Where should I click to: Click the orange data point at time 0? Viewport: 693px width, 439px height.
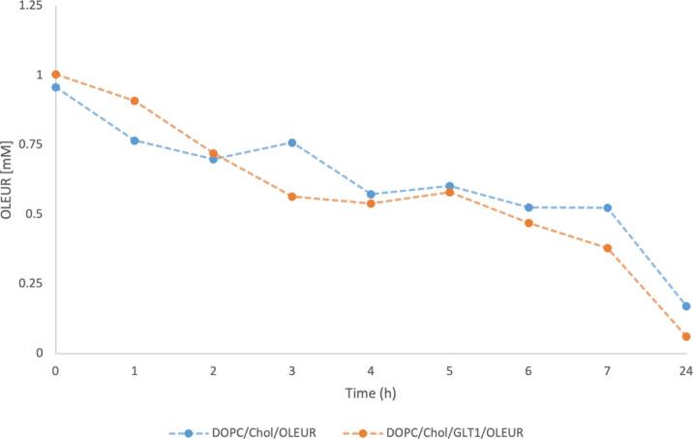[x=55, y=75]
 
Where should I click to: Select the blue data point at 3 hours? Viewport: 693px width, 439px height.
[x=291, y=142]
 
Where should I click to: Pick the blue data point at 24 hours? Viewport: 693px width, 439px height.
[x=685, y=306]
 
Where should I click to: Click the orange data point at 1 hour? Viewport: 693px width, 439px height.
[x=135, y=101]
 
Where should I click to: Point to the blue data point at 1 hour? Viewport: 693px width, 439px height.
[x=135, y=141]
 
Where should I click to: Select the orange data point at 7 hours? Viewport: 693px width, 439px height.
[x=607, y=248]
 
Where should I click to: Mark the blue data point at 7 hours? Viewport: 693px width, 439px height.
[x=607, y=207]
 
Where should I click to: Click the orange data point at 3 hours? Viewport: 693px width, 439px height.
[x=291, y=197]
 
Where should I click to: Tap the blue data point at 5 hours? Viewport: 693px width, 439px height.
[x=449, y=186]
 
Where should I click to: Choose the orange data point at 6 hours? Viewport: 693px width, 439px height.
[x=528, y=223]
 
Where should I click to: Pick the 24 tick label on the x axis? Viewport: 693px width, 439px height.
[x=685, y=370]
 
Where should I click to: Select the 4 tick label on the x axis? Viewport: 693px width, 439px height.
[x=371, y=370]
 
